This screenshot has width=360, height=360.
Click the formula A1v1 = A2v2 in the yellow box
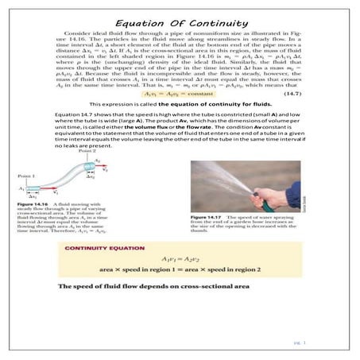pos(179,260)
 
